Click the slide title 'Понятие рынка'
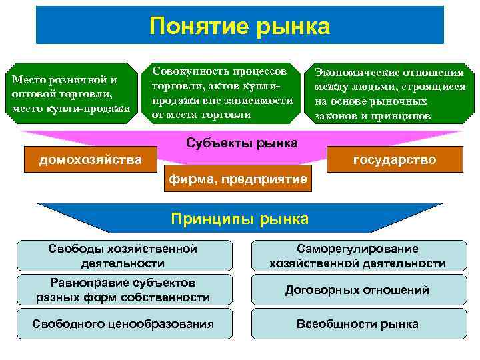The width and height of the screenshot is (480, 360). click(239, 26)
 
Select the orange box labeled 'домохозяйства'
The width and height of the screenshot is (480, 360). click(90, 160)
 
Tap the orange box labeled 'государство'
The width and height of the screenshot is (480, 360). click(395, 160)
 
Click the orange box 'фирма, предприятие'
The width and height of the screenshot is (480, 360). click(237, 179)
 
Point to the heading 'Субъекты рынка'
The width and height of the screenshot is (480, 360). click(241, 143)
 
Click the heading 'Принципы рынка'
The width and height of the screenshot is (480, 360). click(239, 219)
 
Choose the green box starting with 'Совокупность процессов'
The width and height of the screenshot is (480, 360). click(223, 93)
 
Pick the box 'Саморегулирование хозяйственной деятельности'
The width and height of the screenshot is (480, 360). click(357, 256)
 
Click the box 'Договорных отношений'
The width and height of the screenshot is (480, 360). click(357, 290)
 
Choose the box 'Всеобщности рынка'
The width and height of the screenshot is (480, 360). click(357, 324)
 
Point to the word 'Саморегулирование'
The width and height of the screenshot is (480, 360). click(357, 249)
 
